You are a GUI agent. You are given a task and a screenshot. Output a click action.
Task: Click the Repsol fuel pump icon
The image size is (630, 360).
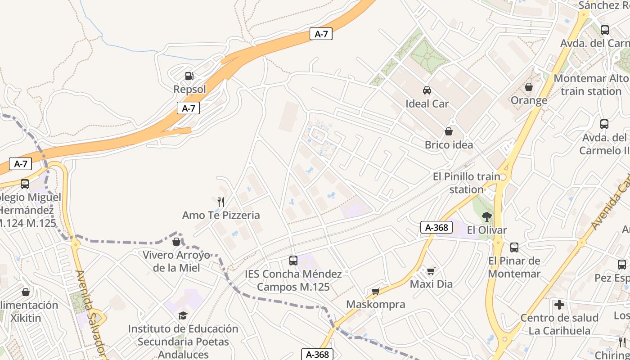point(189,76)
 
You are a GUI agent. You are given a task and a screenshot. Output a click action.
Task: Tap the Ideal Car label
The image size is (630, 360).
point(427,104)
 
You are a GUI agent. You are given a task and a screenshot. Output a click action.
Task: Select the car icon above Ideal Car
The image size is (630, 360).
point(427,90)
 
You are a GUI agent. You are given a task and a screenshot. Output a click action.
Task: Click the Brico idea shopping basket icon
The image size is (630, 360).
point(449,131)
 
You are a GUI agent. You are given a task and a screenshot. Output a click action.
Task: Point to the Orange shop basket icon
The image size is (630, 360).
point(529,87)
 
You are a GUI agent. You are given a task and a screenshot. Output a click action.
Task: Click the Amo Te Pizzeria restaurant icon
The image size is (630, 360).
point(220,202)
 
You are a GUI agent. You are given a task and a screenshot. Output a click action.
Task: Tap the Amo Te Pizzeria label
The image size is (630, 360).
point(221,215)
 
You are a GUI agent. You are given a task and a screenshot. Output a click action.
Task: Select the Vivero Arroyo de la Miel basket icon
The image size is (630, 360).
point(176,242)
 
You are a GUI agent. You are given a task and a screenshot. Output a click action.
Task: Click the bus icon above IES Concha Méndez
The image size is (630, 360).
point(293,260)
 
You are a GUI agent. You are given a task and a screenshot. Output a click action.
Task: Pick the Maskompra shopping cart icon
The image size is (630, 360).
point(376,291)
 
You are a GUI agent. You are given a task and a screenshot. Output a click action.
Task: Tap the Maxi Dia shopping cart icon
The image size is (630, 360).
point(431,271)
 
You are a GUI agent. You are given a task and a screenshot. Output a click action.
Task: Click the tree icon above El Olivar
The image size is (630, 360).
point(486,216)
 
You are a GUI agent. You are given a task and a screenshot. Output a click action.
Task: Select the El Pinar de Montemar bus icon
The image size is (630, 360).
point(514,247)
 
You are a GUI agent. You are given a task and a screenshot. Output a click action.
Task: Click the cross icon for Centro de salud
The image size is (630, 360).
point(559,305)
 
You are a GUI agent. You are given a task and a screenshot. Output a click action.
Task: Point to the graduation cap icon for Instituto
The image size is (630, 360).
point(183,315)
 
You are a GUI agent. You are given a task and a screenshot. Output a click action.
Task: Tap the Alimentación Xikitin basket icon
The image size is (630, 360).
point(26,292)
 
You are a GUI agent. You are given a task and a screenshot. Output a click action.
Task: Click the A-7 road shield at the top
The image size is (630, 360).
point(321,34)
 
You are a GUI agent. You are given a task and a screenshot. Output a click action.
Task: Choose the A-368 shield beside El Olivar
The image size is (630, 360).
point(436,227)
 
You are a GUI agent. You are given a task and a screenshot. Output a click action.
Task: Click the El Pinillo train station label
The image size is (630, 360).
point(466,183)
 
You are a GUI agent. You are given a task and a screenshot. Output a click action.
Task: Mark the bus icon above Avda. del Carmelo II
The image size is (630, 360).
point(604,124)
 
